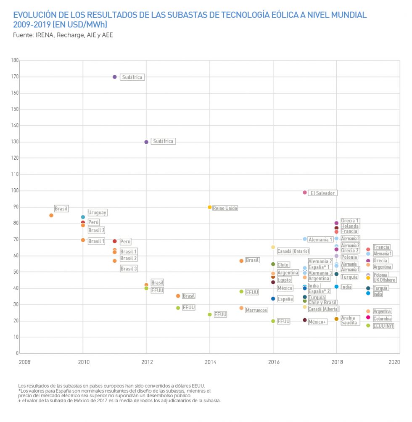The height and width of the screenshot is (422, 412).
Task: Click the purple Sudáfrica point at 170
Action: point(115,77)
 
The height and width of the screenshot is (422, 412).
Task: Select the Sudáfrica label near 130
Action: point(163,142)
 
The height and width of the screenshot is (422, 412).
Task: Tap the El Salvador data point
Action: point(305,193)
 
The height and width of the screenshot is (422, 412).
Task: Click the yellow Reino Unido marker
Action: point(210,207)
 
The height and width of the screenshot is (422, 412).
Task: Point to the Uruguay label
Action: point(97,213)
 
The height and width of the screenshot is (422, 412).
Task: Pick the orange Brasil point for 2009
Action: point(51,215)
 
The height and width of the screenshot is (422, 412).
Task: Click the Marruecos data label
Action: point(256,310)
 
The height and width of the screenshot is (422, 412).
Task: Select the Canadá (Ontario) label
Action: point(293,251)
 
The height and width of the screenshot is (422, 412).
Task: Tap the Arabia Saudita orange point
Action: point(336,319)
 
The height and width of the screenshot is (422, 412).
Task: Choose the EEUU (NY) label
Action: point(383,326)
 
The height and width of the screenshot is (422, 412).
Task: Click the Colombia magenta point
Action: point(368,317)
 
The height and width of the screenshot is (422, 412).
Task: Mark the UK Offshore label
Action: point(384,280)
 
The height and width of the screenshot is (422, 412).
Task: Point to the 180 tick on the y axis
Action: point(15,61)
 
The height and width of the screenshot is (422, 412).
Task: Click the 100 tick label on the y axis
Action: point(15,191)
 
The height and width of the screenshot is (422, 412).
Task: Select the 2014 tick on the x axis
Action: point(210,361)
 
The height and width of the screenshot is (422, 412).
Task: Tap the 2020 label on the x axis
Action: point(394,361)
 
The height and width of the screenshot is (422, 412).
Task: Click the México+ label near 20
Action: point(317,322)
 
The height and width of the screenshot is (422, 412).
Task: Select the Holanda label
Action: point(349,226)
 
